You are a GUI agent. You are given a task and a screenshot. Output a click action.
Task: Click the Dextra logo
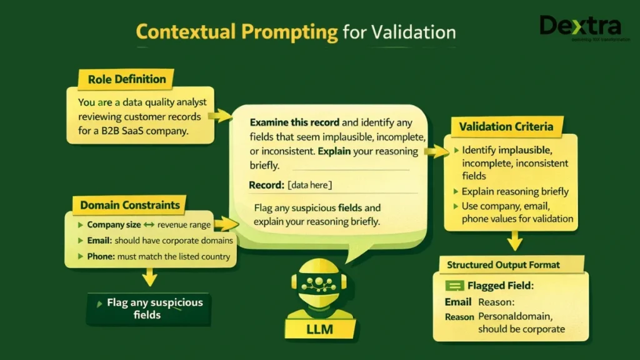581,27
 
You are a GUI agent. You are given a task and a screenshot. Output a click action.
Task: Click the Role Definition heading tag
127,79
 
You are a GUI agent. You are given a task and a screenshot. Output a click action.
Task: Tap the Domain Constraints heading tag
130,205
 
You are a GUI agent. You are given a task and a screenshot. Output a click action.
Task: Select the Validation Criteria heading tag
506,126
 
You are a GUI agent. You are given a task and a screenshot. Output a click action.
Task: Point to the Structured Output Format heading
503,265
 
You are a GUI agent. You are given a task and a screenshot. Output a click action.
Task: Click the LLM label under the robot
319,329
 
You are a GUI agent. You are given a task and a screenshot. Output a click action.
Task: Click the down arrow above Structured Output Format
514,240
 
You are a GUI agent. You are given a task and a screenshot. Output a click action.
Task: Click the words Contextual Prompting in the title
237,32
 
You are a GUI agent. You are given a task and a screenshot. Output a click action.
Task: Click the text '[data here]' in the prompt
310,186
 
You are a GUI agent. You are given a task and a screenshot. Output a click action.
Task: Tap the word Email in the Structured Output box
458,302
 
